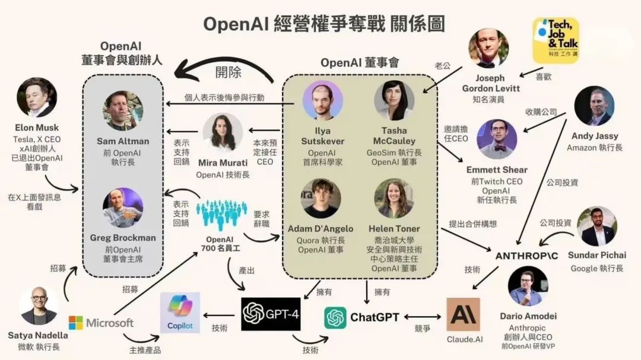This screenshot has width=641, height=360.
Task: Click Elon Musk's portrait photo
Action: coord(37,97)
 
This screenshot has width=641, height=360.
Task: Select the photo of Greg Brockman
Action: coord(123,208)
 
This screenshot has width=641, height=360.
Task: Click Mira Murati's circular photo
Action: coord(223,133)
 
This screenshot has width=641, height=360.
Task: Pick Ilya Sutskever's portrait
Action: coord(323,100)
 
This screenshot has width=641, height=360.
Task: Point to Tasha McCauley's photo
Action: coord(394,100)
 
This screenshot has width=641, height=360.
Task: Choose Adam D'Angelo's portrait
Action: coord(320,198)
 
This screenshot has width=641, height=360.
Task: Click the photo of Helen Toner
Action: coord(394,198)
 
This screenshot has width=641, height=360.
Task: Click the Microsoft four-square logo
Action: coord(76,323)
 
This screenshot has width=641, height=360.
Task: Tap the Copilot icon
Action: coord(180,312)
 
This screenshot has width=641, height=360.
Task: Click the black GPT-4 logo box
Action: coord(271,314)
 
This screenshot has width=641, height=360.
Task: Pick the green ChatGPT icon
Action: coord(335,317)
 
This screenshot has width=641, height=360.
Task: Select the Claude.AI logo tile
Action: coord(463,314)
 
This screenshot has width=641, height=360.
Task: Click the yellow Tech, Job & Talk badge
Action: coord(556,40)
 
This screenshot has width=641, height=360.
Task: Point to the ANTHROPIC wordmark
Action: coord(526,255)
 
